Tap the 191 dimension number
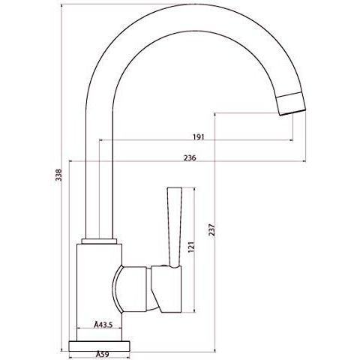tap(199, 137)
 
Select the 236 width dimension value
tap(190, 158)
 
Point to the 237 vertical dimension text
tap(212, 230)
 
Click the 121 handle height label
tap(191, 247)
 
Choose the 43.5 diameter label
tap(103, 325)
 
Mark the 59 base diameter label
tap(103, 354)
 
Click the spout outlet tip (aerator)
tap(292, 103)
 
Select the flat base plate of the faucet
tap(99, 346)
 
